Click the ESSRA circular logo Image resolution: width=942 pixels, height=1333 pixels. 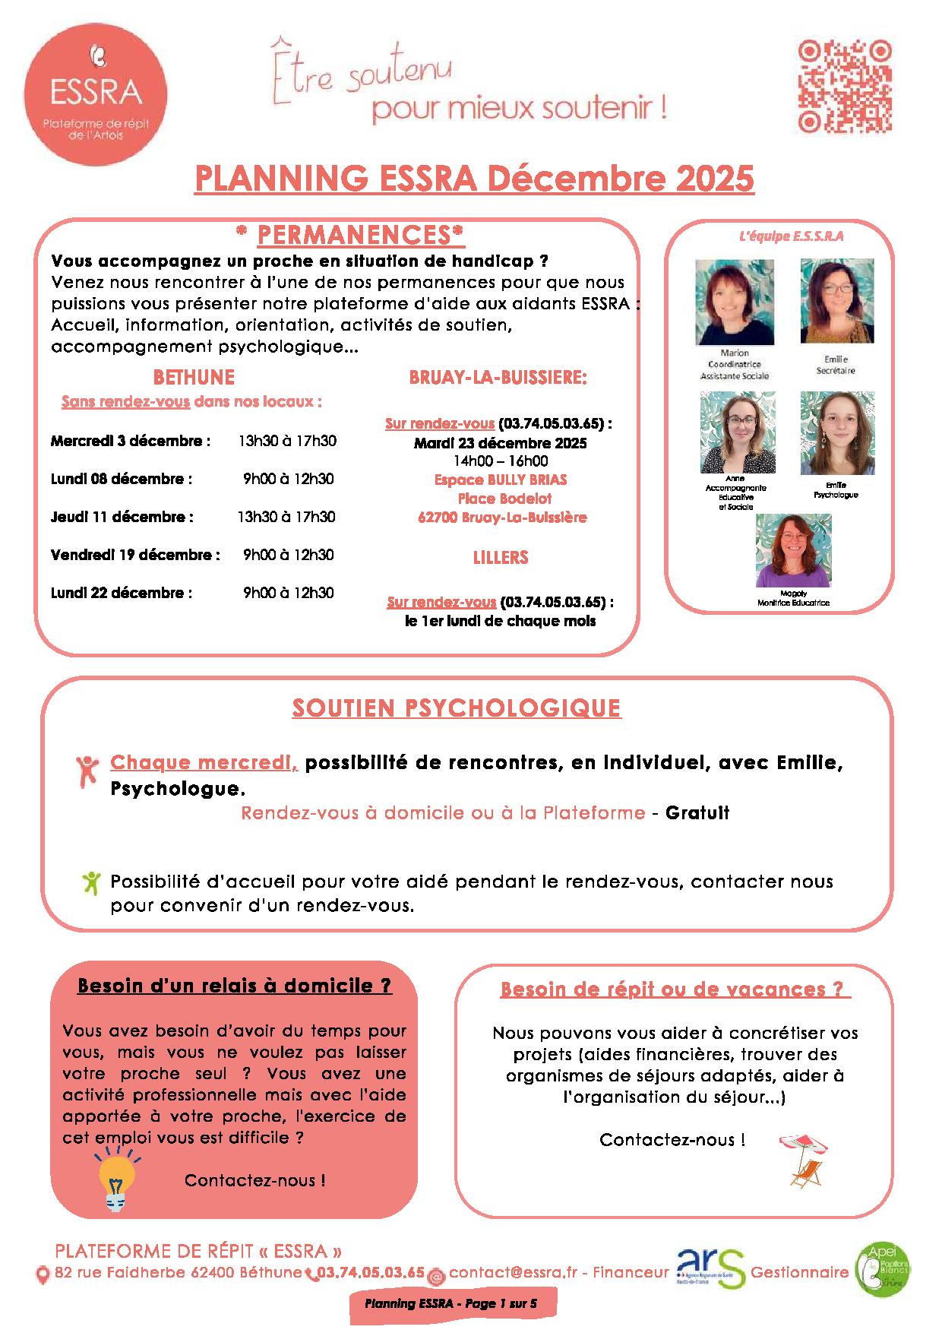(x=95, y=93)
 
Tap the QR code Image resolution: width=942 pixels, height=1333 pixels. (x=844, y=86)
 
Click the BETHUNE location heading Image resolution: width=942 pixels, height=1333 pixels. (x=194, y=378)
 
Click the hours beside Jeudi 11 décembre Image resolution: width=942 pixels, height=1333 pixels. (x=286, y=518)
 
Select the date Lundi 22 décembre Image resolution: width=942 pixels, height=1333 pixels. (x=122, y=594)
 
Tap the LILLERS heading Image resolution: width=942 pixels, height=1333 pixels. (x=501, y=557)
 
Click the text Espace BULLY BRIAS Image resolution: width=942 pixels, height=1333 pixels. (x=501, y=480)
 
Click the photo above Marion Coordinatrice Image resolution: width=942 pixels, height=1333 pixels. (x=734, y=302)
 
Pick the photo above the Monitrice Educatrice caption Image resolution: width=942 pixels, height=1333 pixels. (x=793, y=550)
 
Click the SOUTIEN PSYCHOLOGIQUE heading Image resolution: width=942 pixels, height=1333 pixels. (x=457, y=708)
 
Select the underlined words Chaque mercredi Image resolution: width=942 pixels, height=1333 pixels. (x=204, y=762)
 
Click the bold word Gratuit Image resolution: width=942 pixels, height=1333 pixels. (x=697, y=813)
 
